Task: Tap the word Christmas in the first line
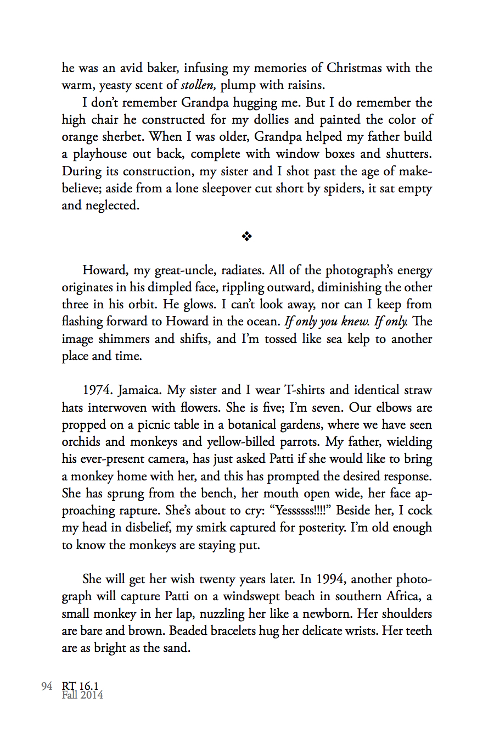pos(354,68)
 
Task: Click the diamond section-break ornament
pos(247,236)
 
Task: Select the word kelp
pos(358,339)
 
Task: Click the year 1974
pos(98,390)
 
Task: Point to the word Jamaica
pos(140,390)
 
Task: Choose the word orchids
pos(81,442)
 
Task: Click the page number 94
pos(47,686)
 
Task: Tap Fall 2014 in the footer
pos(82,695)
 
